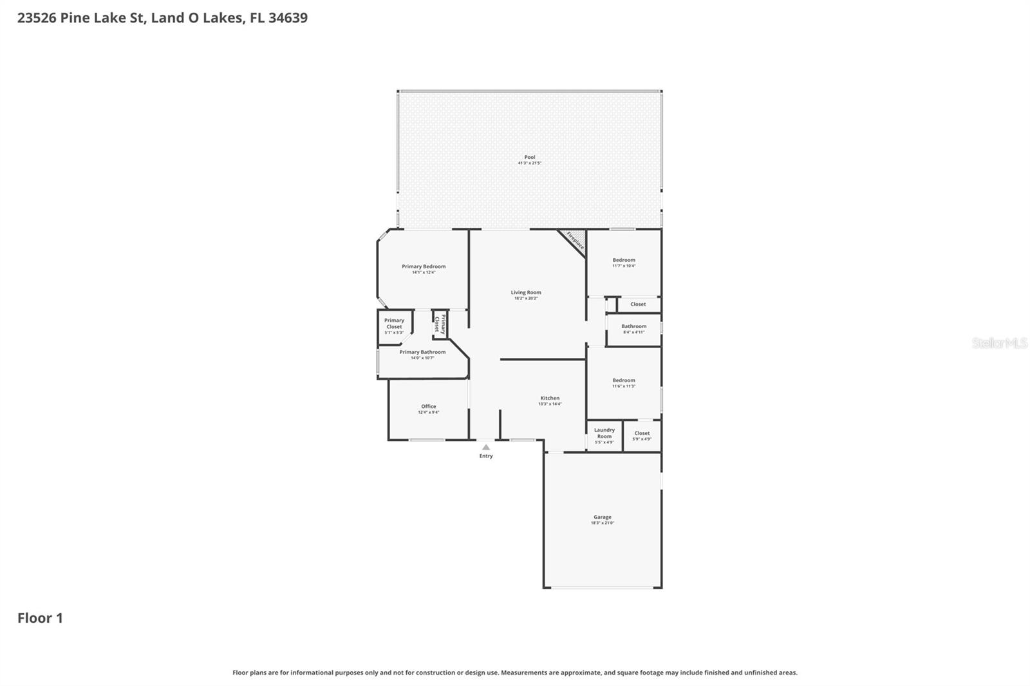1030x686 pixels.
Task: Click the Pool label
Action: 529,157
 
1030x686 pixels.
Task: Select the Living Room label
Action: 526,292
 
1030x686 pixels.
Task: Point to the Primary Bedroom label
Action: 424,266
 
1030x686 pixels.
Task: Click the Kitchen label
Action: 550,398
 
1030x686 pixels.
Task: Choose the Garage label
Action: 603,517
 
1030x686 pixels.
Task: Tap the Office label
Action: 429,406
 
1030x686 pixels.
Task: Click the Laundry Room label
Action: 604,433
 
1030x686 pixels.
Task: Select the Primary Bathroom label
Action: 422,352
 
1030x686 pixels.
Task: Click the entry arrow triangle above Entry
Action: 486,447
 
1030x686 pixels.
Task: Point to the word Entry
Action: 486,456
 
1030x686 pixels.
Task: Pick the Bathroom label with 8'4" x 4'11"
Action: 633,326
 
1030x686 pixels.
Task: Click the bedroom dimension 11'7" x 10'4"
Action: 624,266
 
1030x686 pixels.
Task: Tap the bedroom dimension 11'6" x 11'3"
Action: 624,386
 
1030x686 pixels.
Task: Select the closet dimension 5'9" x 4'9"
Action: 642,440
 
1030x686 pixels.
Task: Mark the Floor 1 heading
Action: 40,618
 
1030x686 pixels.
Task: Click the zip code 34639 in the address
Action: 288,18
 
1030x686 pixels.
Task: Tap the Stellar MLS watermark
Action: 999,343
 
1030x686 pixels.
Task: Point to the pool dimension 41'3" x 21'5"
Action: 529,163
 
